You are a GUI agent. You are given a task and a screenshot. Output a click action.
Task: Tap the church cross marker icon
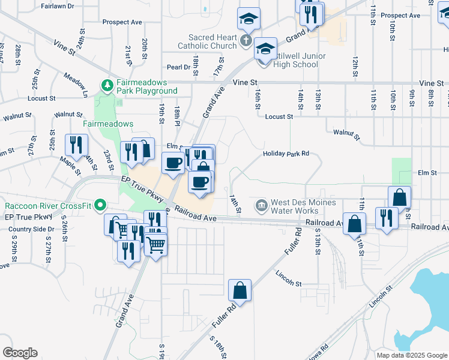pyautogui.click(x=245, y=41)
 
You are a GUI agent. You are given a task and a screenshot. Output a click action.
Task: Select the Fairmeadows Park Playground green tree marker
pyautogui.click(x=107, y=85)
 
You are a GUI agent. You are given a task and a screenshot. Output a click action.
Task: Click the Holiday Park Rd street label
pyautogui.click(x=286, y=154)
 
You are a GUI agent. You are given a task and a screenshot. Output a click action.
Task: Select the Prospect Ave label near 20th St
pyautogui.click(x=122, y=22)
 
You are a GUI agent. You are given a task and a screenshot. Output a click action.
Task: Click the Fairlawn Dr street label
pyautogui.click(x=58, y=5)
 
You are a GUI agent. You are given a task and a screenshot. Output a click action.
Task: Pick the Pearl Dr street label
pyautogui.click(x=179, y=67)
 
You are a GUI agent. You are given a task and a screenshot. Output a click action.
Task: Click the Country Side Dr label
pyautogui.click(x=28, y=229)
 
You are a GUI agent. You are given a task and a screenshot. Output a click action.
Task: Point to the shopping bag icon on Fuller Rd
pyautogui.click(x=240, y=290)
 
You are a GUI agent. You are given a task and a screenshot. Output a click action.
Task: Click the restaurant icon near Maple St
pyautogui.click(x=77, y=145)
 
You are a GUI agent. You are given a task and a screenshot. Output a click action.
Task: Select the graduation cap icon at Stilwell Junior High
pyautogui.click(x=265, y=48)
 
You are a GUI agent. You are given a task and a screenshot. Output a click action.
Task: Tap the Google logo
pyautogui.click(x=20, y=353)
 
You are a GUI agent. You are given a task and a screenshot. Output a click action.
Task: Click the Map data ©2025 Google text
pyautogui.click(x=412, y=355)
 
